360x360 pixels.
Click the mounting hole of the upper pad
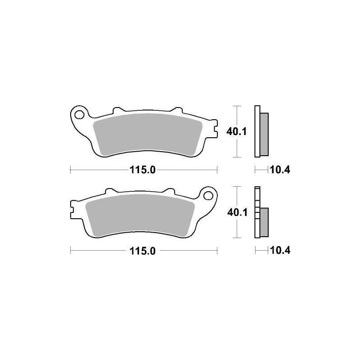pyautogui.click(x=80, y=115)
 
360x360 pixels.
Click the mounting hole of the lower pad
pyautogui.click(x=208, y=196)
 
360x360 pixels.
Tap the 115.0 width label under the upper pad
pyautogui.click(x=143, y=170)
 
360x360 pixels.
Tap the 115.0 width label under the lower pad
pyautogui.click(x=143, y=251)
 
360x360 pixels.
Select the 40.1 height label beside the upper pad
pyautogui.click(x=236, y=132)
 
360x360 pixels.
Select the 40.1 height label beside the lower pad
pyautogui.click(x=238, y=212)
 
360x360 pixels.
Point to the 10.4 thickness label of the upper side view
pyautogui.click(x=280, y=170)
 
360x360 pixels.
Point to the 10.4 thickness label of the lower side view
pyautogui.click(x=280, y=251)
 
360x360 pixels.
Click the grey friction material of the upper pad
pyautogui.click(x=148, y=135)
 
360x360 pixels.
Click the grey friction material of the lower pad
pyautogui.click(x=140, y=216)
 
